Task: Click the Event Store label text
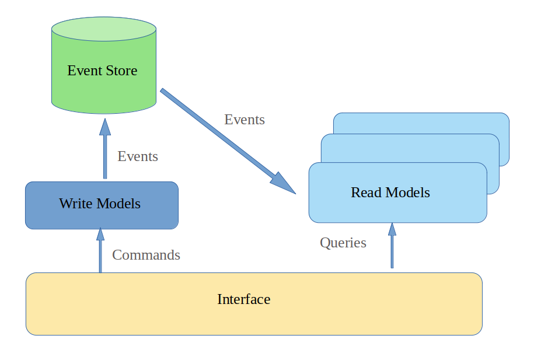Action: click(102, 71)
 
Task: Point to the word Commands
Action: click(146, 255)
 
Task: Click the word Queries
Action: click(343, 243)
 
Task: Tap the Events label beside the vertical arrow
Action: click(138, 156)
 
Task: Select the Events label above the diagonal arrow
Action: click(245, 120)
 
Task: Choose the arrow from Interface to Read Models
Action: click(392, 248)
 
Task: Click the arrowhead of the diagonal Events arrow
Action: click(284, 183)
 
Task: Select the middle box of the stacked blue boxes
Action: click(493, 169)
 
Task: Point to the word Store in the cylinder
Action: click(121, 71)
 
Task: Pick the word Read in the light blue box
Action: click(364, 193)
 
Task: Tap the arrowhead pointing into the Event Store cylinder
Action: click(105, 127)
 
